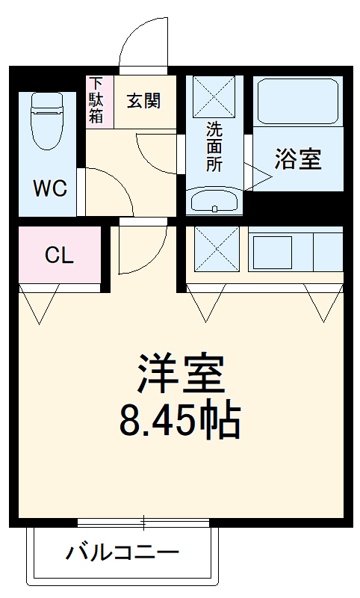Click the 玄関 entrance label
143,101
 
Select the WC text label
50,187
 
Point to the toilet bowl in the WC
46,119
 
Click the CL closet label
59,256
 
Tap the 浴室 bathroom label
298,159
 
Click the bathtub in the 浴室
298,102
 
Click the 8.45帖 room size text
180,421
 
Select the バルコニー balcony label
123,553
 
